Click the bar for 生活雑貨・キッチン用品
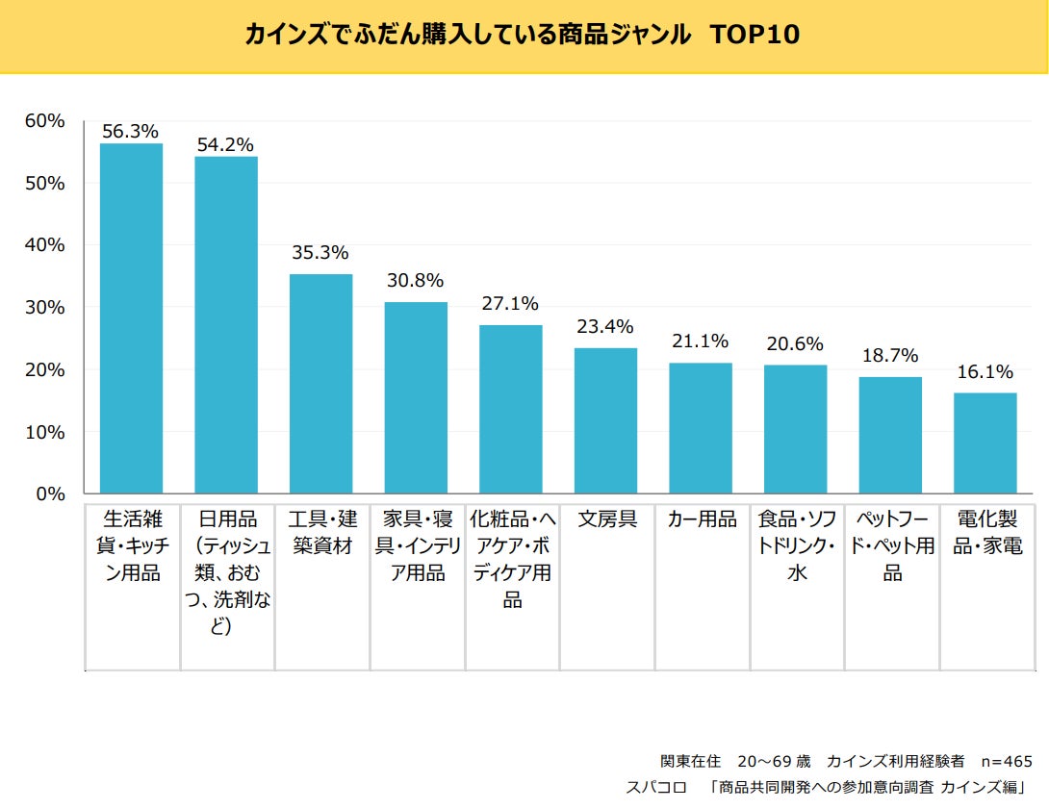(x=131, y=318)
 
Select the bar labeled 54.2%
(x=226, y=325)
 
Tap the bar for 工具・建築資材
(x=320, y=384)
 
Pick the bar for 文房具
(x=605, y=421)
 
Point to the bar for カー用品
(x=701, y=428)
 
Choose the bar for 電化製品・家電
(x=985, y=443)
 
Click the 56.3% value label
(x=130, y=132)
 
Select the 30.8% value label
(x=415, y=281)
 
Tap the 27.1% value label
(x=509, y=304)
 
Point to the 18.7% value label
(x=889, y=356)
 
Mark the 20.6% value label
(x=794, y=343)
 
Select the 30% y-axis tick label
(x=45, y=308)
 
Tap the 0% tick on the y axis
(x=50, y=494)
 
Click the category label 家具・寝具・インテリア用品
(x=415, y=546)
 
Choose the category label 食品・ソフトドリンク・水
(x=796, y=546)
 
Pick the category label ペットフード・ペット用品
(x=891, y=546)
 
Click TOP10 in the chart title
(x=755, y=35)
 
